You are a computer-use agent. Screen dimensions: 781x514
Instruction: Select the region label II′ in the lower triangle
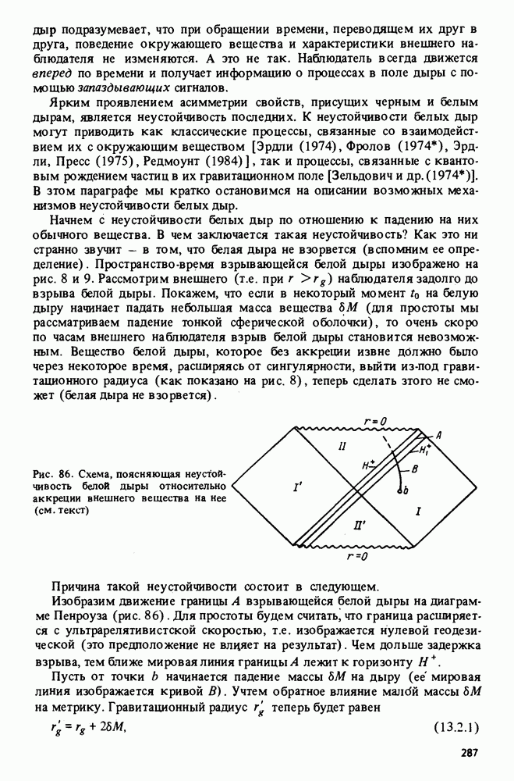tap(361, 525)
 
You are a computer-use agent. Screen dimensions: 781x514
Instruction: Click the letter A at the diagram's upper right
tap(439, 434)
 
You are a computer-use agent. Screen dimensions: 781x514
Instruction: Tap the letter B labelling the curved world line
tap(415, 468)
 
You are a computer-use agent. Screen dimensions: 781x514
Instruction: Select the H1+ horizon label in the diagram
tap(426, 451)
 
